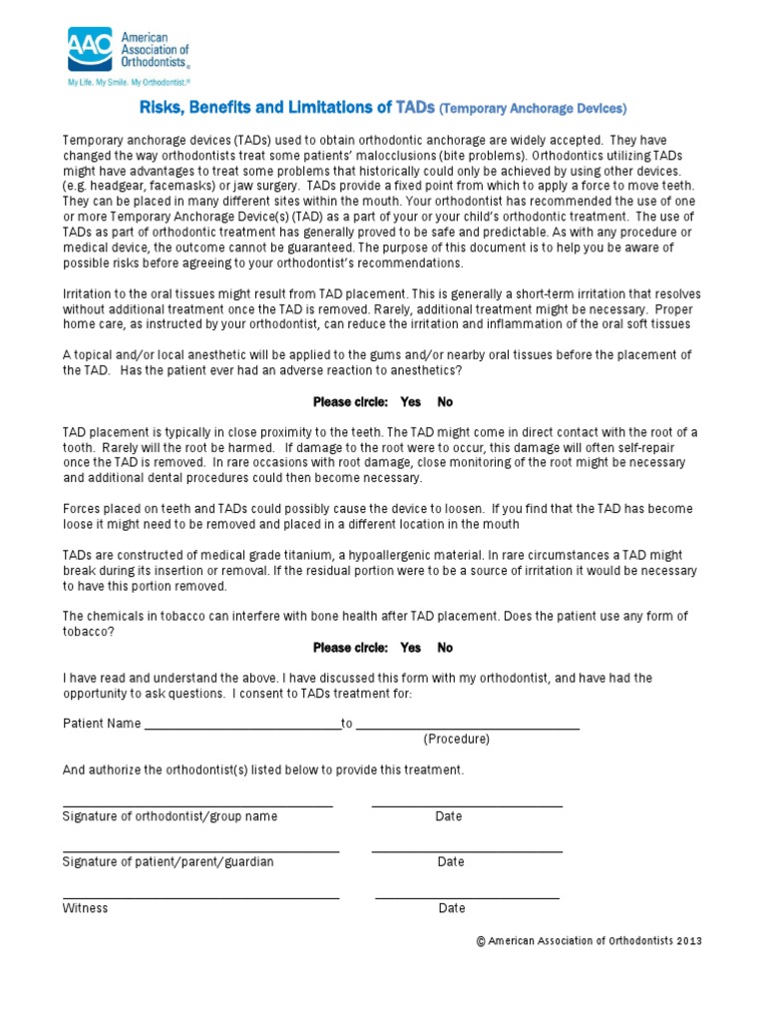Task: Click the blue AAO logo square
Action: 90,49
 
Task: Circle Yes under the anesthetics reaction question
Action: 410,401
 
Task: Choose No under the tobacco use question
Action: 445,648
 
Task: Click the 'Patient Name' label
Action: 102,724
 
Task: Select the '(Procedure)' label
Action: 456,740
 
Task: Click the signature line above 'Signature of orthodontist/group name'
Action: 197,804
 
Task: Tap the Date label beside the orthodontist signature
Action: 449,816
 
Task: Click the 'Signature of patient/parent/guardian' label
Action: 168,862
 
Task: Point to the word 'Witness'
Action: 85,908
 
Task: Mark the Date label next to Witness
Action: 452,908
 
